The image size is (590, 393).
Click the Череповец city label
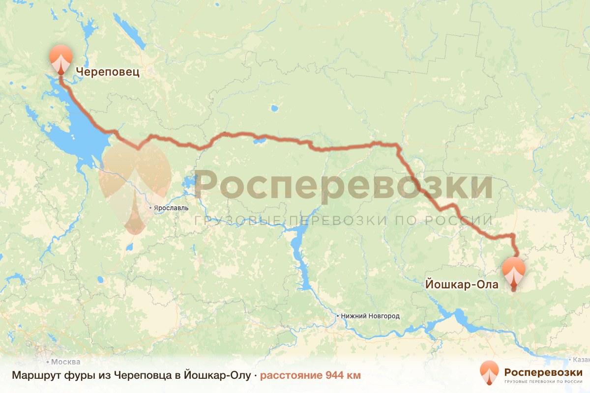coord(108,73)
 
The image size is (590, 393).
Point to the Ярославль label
coord(171,208)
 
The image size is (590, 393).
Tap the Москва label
coord(65,362)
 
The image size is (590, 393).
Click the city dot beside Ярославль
coord(151,208)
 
